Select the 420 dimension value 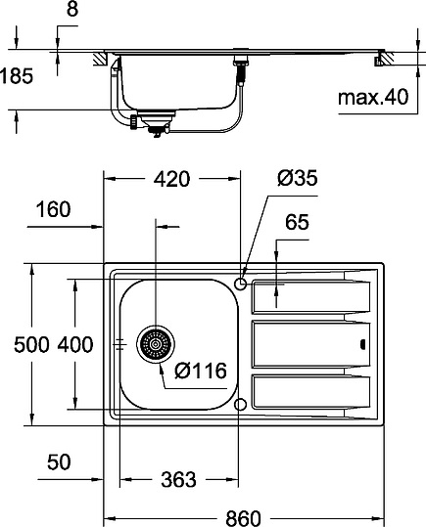[x=172, y=178]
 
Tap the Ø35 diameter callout [x=298, y=178]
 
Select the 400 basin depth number [x=74, y=344]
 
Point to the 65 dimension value [x=297, y=223]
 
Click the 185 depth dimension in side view [x=17, y=74]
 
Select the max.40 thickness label [x=371, y=98]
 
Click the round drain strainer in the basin [x=155, y=344]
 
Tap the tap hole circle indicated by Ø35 [x=241, y=285]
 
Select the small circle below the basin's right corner [x=241, y=404]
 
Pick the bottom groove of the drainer [x=309, y=392]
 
